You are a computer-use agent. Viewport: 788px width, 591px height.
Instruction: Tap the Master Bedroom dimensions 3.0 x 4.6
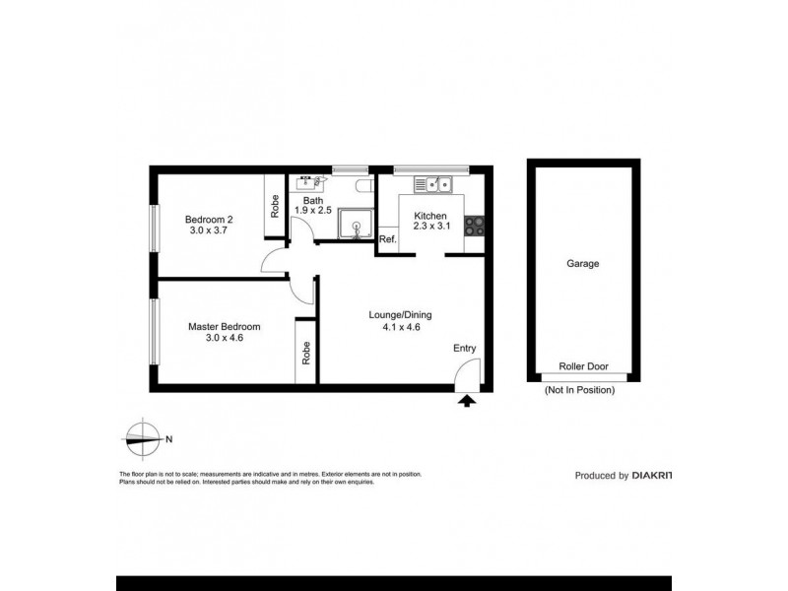(224, 338)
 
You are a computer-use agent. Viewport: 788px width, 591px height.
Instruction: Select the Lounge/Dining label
(400, 315)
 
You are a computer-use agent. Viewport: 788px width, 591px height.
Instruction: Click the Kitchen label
(429, 216)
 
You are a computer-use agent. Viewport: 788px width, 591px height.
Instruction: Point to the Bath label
(312, 200)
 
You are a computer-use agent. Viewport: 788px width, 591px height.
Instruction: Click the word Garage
(582, 264)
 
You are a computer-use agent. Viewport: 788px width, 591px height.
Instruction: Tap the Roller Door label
(583, 366)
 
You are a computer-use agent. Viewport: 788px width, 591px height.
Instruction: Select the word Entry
(465, 348)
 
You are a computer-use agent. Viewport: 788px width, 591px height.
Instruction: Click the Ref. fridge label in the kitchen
(387, 240)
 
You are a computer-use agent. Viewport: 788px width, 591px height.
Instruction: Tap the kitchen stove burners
(474, 226)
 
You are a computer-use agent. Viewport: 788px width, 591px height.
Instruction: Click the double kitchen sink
(432, 183)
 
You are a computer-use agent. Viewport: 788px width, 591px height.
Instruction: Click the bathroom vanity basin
(310, 181)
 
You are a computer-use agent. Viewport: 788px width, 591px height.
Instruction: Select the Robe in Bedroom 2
(274, 205)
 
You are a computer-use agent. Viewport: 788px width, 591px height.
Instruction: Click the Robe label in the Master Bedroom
(306, 351)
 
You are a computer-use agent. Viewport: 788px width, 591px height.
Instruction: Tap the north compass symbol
(144, 439)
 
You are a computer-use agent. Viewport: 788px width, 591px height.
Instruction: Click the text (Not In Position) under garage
(579, 391)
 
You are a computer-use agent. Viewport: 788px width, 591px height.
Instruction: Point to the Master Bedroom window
(153, 331)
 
